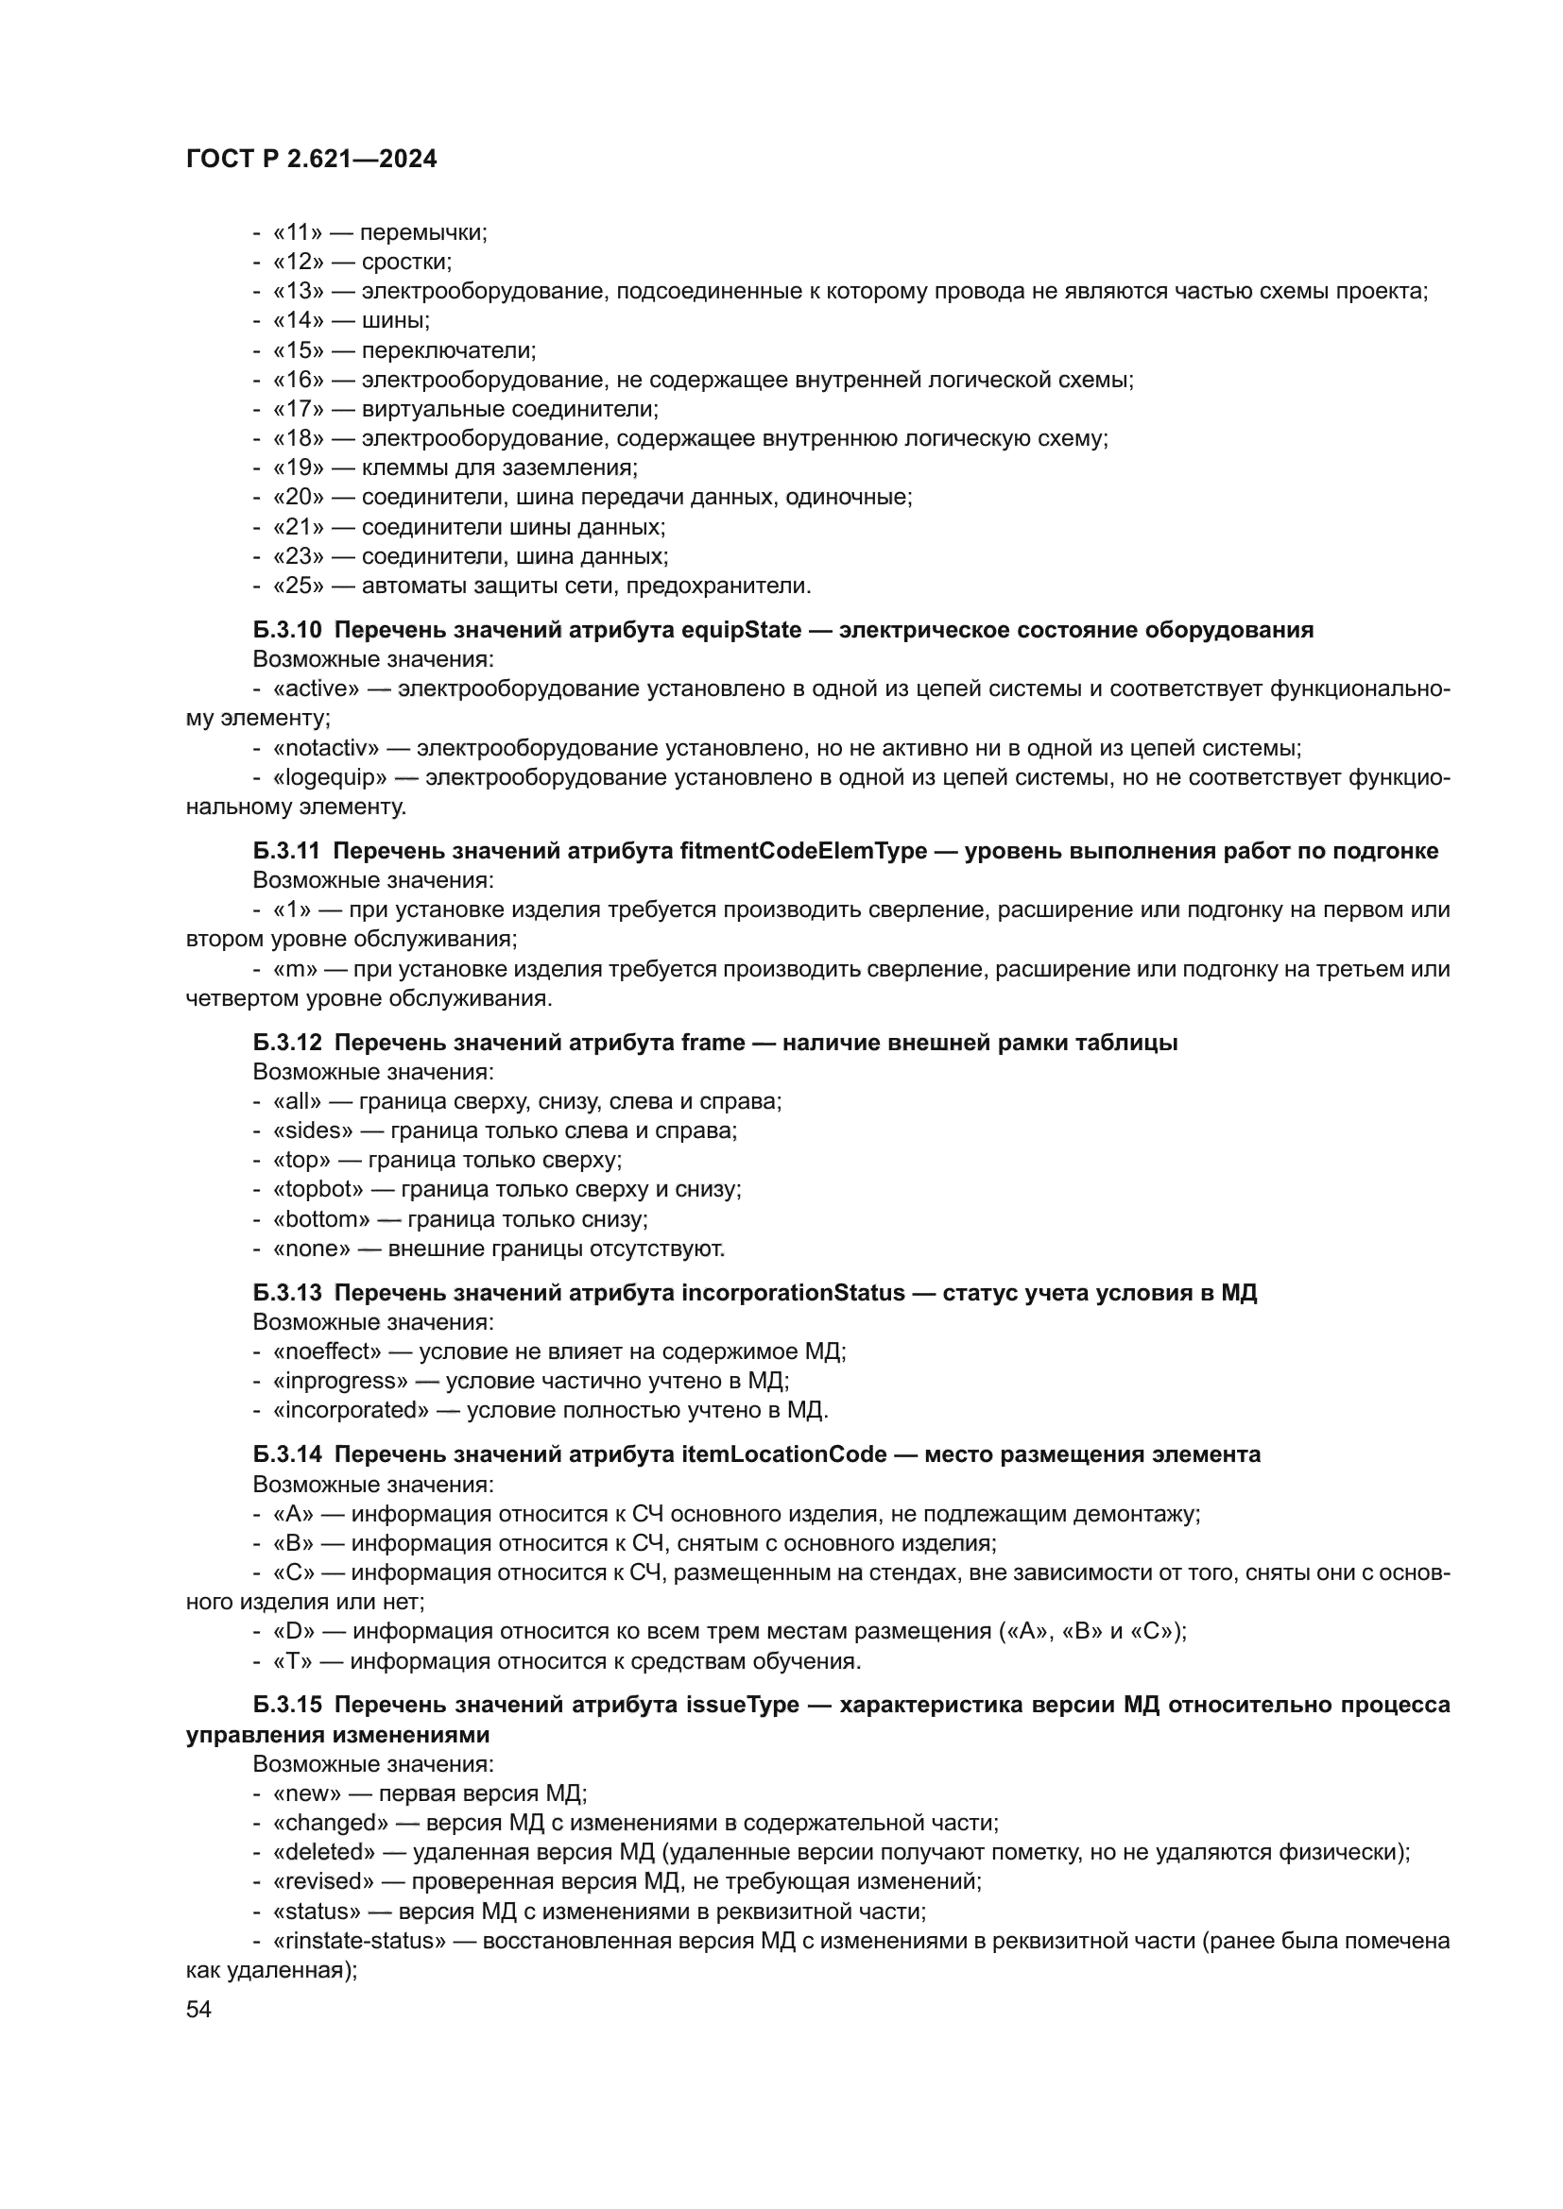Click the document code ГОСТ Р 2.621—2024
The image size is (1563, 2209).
311,160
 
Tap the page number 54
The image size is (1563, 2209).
198,2009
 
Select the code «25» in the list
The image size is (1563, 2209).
299,586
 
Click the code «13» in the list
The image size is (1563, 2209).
299,292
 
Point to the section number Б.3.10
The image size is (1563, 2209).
287,630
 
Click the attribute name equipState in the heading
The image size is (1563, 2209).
741,630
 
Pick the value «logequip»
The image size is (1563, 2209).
330,777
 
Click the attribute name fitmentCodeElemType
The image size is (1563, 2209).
802,852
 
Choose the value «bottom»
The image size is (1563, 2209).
321,1219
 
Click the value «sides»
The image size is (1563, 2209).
313,1130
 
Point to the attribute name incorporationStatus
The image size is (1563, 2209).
793,1293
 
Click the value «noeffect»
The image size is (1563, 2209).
327,1351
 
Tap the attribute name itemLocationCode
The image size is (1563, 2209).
783,1454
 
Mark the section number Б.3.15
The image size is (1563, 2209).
287,1705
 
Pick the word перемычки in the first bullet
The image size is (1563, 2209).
423,233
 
